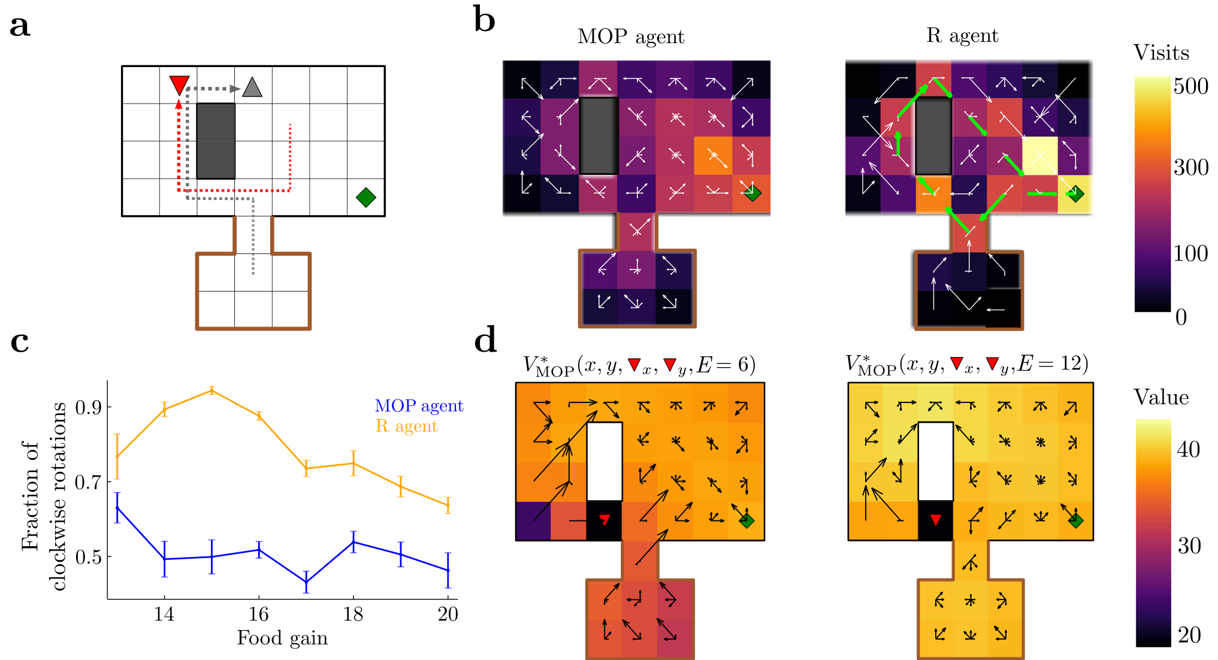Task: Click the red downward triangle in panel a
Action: click(x=179, y=84)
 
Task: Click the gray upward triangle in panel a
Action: click(x=252, y=88)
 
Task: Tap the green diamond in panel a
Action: click(x=365, y=197)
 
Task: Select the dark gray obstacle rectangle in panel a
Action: click(x=216, y=141)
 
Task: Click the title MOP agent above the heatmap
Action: click(x=630, y=37)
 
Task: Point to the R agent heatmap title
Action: click(x=962, y=35)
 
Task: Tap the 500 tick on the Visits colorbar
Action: click(x=1190, y=86)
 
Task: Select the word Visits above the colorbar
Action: click(x=1161, y=53)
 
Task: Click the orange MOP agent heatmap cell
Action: click(x=713, y=156)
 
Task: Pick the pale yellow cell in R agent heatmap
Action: click(x=1040, y=156)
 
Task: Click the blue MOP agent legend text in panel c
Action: click(x=419, y=405)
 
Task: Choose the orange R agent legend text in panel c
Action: click(x=406, y=426)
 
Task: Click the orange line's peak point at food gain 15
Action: click(x=211, y=390)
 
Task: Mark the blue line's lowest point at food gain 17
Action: click(x=306, y=582)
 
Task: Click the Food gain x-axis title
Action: click(x=282, y=638)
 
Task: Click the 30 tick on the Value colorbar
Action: click(x=1189, y=546)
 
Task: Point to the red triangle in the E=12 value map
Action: click(x=935, y=520)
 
